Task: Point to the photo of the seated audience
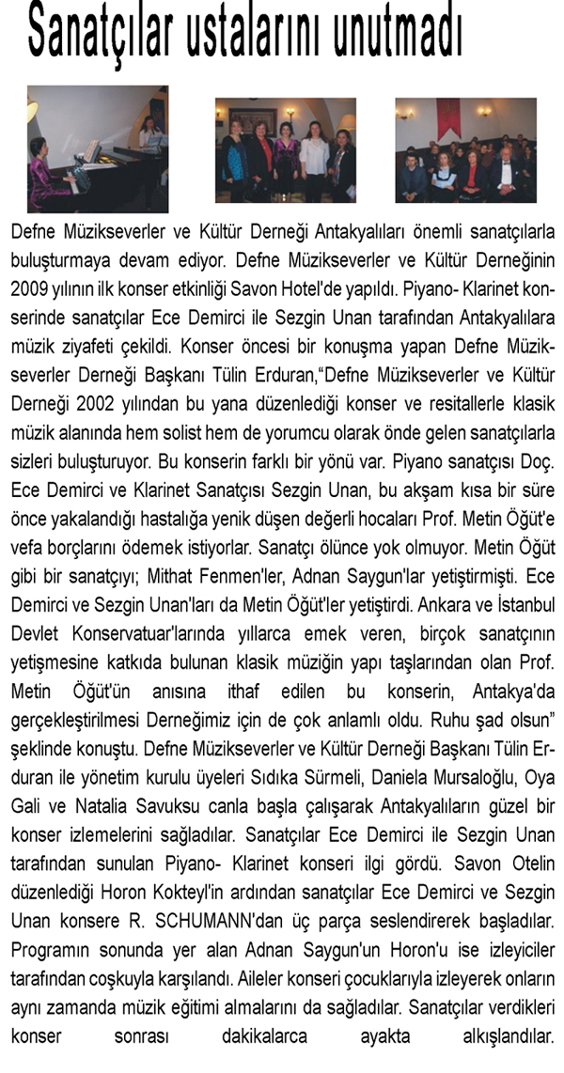[x=465, y=148]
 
